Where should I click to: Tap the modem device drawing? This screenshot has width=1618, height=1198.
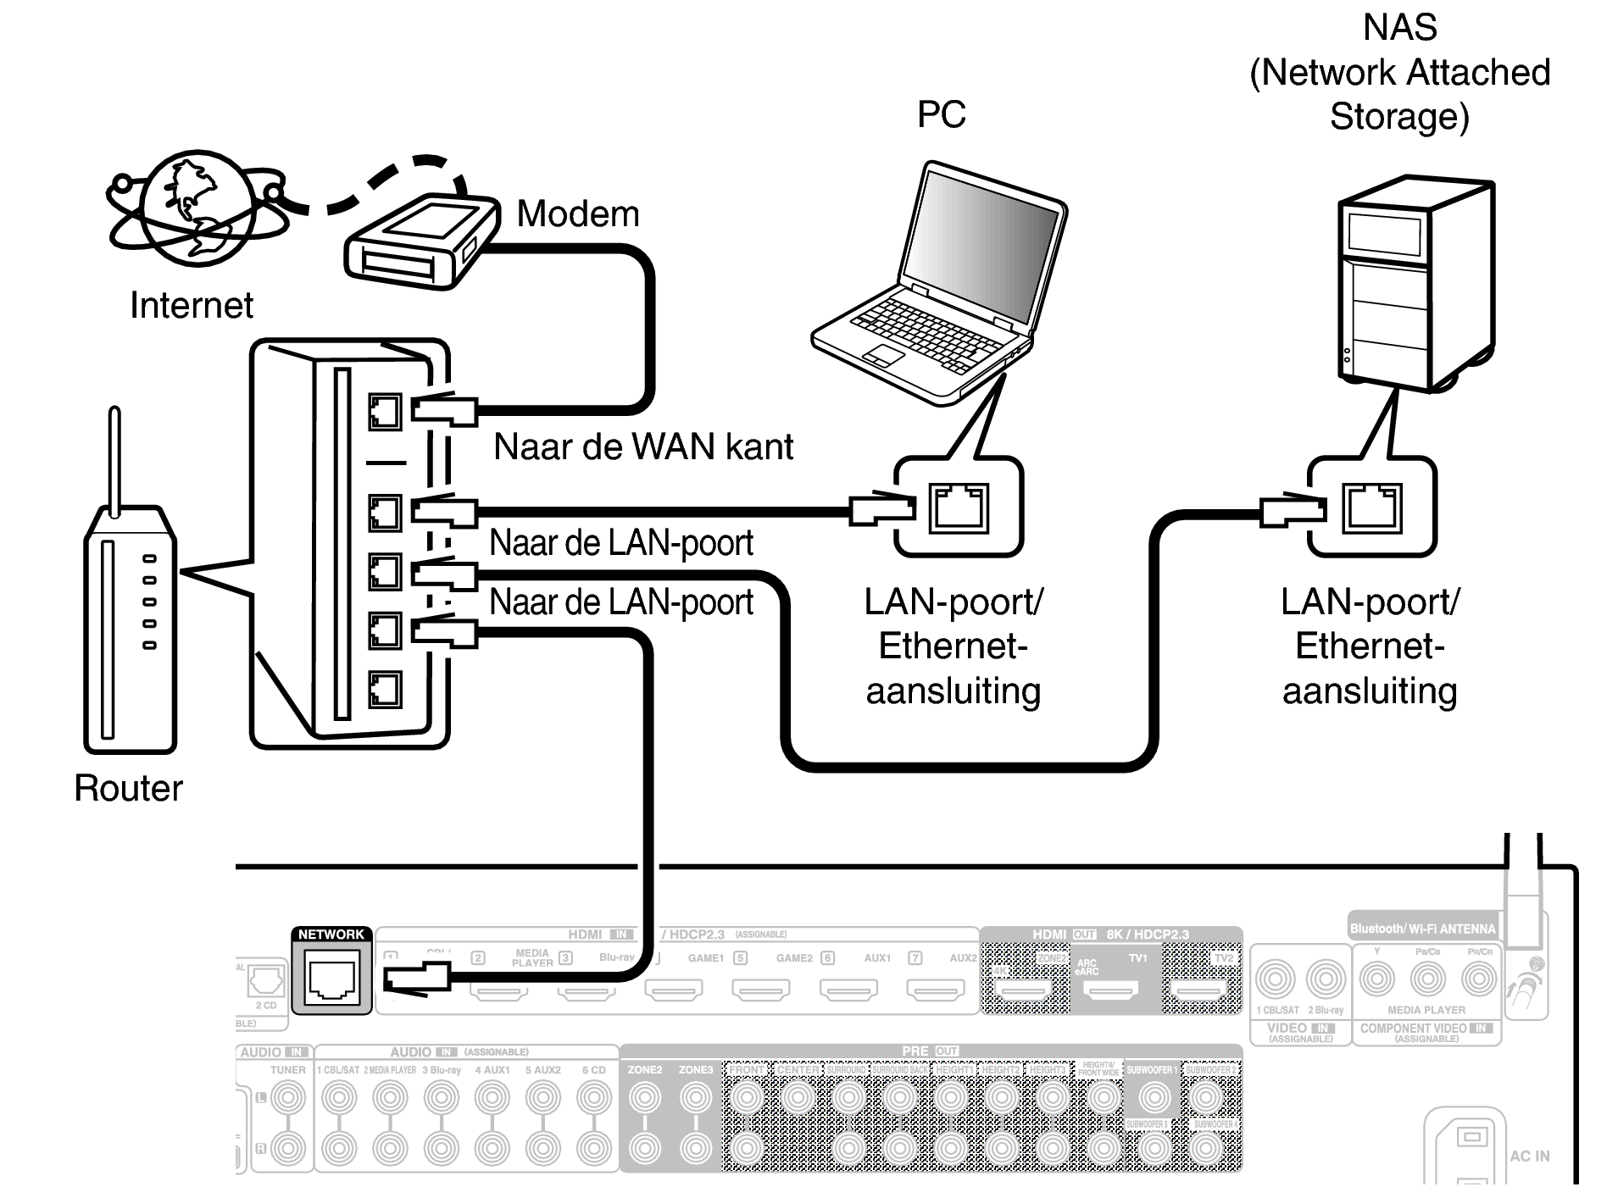coord(420,242)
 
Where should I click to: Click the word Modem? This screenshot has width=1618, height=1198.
coord(578,214)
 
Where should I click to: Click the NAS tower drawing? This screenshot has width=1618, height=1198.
coord(1415,284)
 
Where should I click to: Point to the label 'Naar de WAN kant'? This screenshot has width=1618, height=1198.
coord(643,447)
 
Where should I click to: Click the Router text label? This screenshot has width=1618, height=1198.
coord(128,788)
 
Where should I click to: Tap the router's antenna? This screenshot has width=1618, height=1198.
coord(114,458)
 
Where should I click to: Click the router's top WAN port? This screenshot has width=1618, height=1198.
coord(385,413)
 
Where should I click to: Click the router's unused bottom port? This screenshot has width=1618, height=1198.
coord(385,690)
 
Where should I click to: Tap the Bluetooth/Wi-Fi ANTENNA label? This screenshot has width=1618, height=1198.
coord(1423,929)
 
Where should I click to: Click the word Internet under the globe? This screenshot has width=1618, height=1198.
coord(192,305)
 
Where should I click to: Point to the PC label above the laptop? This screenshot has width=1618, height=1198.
coord(941,114)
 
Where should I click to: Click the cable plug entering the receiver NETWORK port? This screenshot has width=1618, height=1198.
coord(416,979)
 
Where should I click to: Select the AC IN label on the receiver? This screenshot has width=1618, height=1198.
coord(1529,1156)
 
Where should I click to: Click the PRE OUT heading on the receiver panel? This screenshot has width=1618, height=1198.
coord(929,1051)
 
